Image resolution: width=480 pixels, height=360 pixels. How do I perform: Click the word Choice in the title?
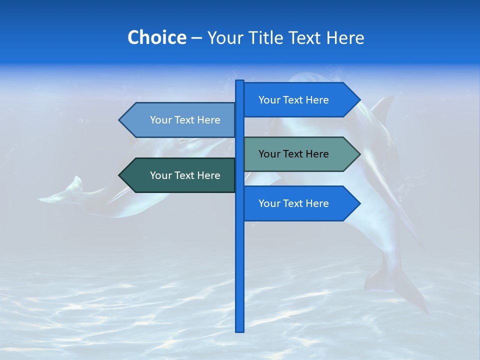coord(156,37)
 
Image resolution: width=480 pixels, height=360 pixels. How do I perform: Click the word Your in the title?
coord(225,37)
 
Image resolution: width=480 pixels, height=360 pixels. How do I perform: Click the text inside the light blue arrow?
coord(185,120)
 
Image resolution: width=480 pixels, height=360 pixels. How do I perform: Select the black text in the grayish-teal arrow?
coord(293,154)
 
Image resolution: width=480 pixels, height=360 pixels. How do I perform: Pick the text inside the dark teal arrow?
coord(185,175)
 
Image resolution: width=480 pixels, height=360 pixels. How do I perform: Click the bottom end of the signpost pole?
coord(239,330)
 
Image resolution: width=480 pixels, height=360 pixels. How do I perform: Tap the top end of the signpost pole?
coord(239,82)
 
